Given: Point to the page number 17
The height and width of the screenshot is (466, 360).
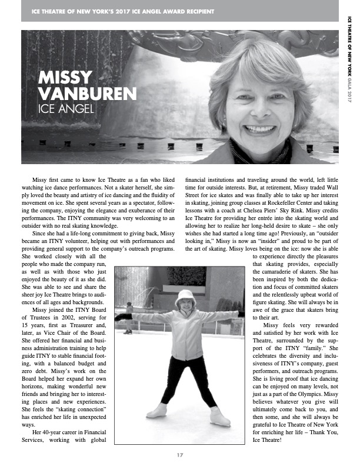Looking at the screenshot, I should tap(180, 454).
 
